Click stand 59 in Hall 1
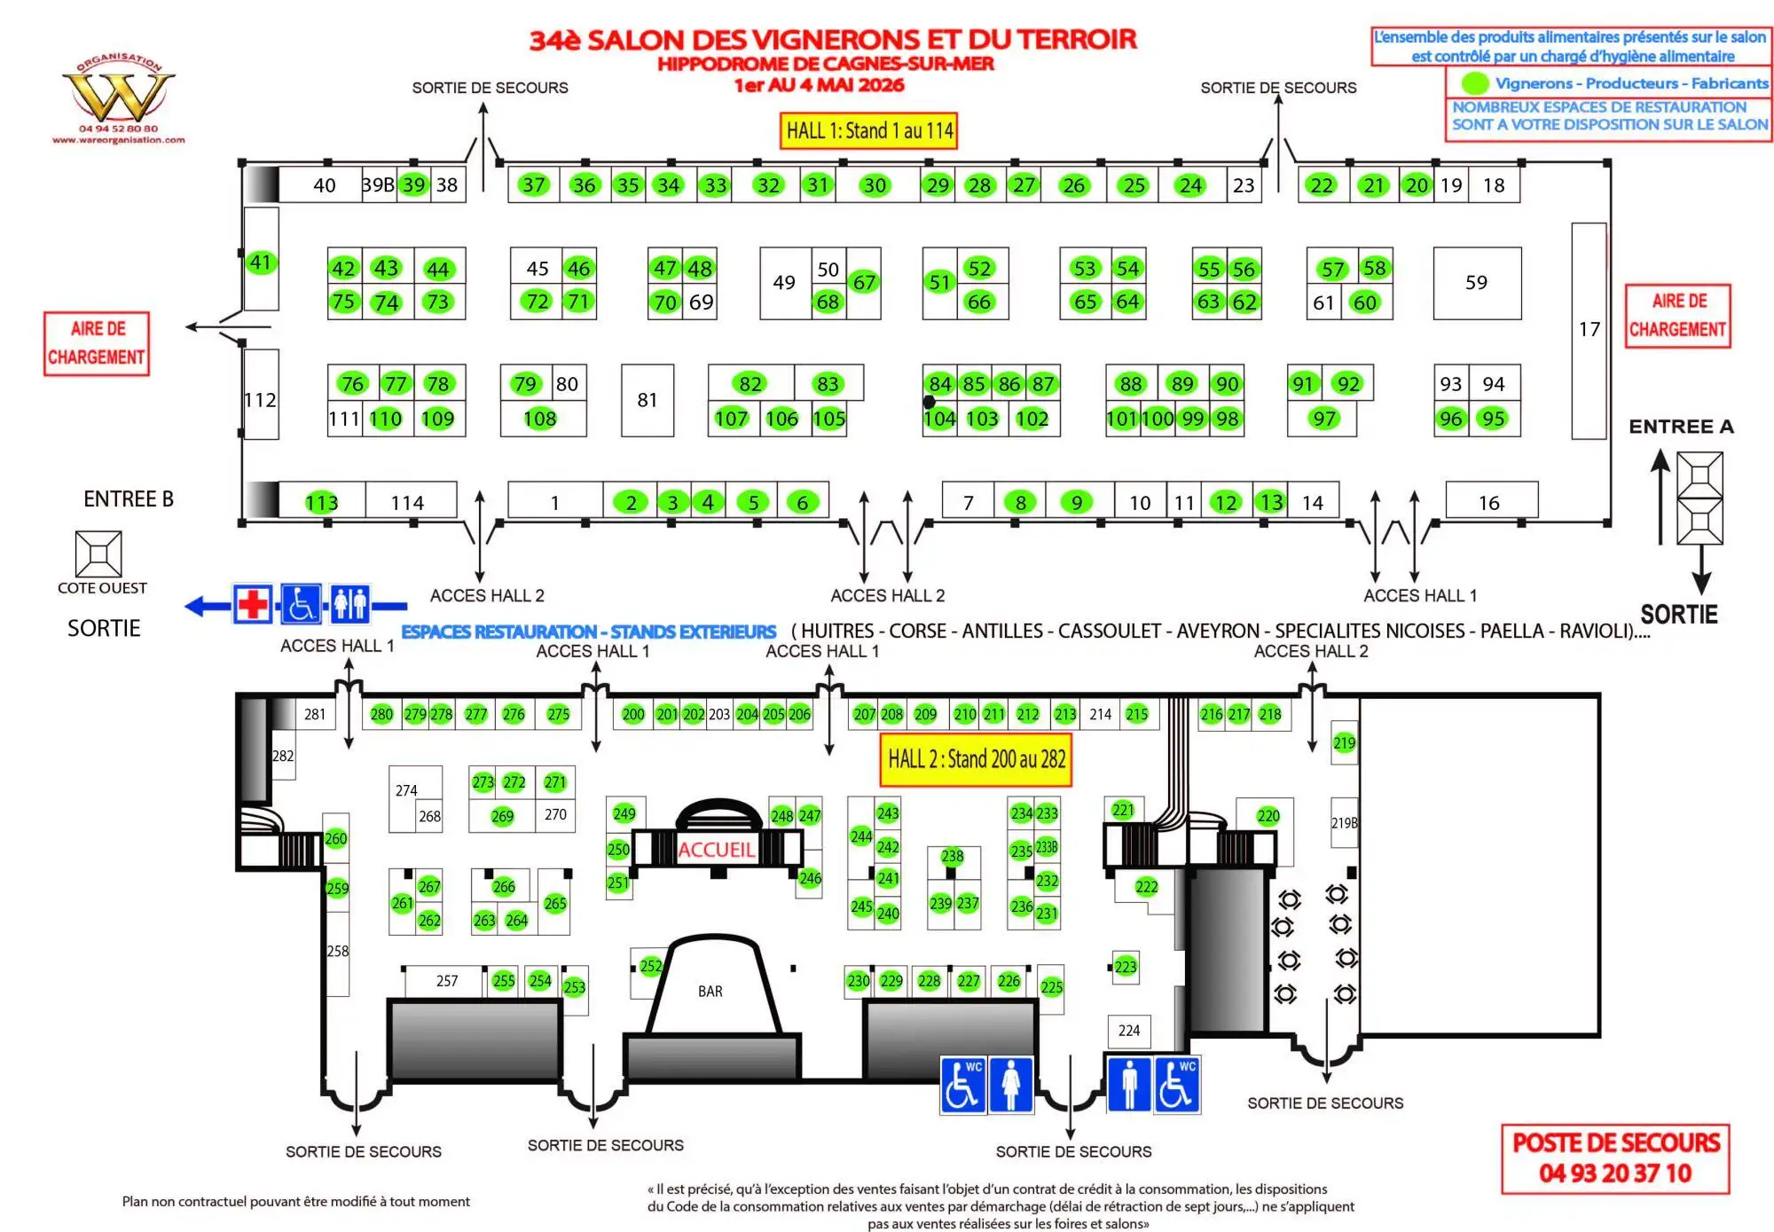pyautogui.click(x=1476, y=283)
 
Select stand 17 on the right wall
pyautogui.click(x=1589, y=330)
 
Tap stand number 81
pyautogui.click(x=647, y=400)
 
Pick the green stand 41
pyautogui.click(x=260, y=263)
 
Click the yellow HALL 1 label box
pyautogui.click(x=868, y=131)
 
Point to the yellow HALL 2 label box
pyautogui.click(x=976, y=759)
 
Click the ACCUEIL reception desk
pyautogui.click(x=715, y=850)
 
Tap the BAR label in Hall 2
pyautogui.click(x=710, y=992)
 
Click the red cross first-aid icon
pyautogui.click(x=253, y=606)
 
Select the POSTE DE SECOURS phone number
pyautogui.click(x=1614, y=1173)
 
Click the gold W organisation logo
pyautogui.click(x=118, y=96)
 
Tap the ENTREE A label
pyautogui.click(x=1681, y=427)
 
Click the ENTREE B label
pyautogui.click(x=129, y=499)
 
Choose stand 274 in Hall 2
pyautogui.click(x=406, y=790)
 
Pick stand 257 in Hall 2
pyautogui.click(x=447, y=981)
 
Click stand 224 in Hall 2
pyautogui.click(x=1128, y=1031)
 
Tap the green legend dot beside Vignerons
pyautogui.click(x=1474, y=83)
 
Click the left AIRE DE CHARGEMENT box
pyautogui.click(x=97, y=343)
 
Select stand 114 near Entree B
pyautogui.click(x=407, y=503)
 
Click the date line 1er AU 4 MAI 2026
pyautogui.click(x=819, y=86)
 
